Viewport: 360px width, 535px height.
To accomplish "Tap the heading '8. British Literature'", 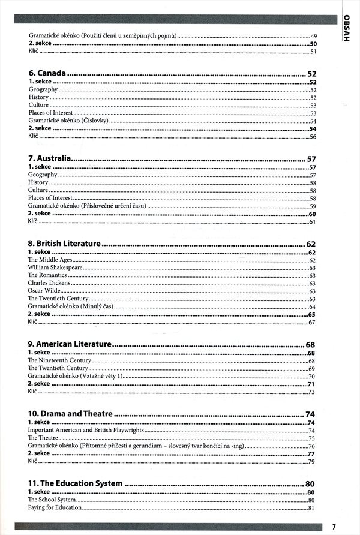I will click(64, 244).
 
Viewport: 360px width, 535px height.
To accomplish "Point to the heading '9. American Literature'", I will click(70, 344).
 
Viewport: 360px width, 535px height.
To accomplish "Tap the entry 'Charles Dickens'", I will click(49, 283).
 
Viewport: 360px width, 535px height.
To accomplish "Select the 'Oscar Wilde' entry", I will click(44, 291).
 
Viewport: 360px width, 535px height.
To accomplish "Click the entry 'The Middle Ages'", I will click(50, 260).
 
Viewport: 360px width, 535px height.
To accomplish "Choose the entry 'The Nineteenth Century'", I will click(59, 360).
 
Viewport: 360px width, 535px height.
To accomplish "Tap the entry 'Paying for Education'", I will click(55, 508).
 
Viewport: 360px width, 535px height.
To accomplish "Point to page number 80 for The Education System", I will click(310, 484).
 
